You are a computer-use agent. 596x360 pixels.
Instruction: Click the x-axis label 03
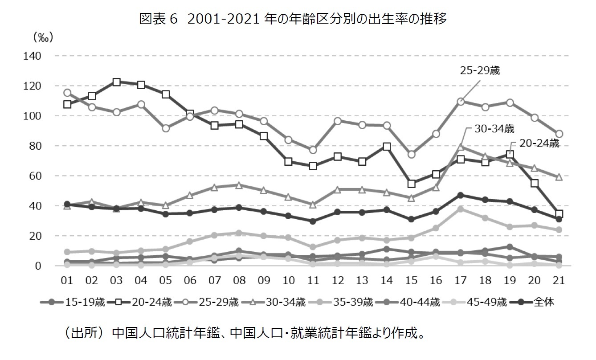116,281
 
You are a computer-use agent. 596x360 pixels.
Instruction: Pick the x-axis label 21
559,281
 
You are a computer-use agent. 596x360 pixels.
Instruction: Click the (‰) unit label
43,37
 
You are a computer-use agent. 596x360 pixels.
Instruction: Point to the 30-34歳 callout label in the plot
495,129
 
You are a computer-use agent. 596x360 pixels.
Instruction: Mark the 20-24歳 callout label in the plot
539,143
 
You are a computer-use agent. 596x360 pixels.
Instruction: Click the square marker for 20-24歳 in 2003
116,82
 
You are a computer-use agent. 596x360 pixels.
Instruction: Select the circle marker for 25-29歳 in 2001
67,93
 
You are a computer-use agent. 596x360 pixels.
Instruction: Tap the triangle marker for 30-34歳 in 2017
460,147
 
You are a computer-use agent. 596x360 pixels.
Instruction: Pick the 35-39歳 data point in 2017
460,209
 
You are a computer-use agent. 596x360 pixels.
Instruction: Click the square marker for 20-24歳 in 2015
411,184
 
